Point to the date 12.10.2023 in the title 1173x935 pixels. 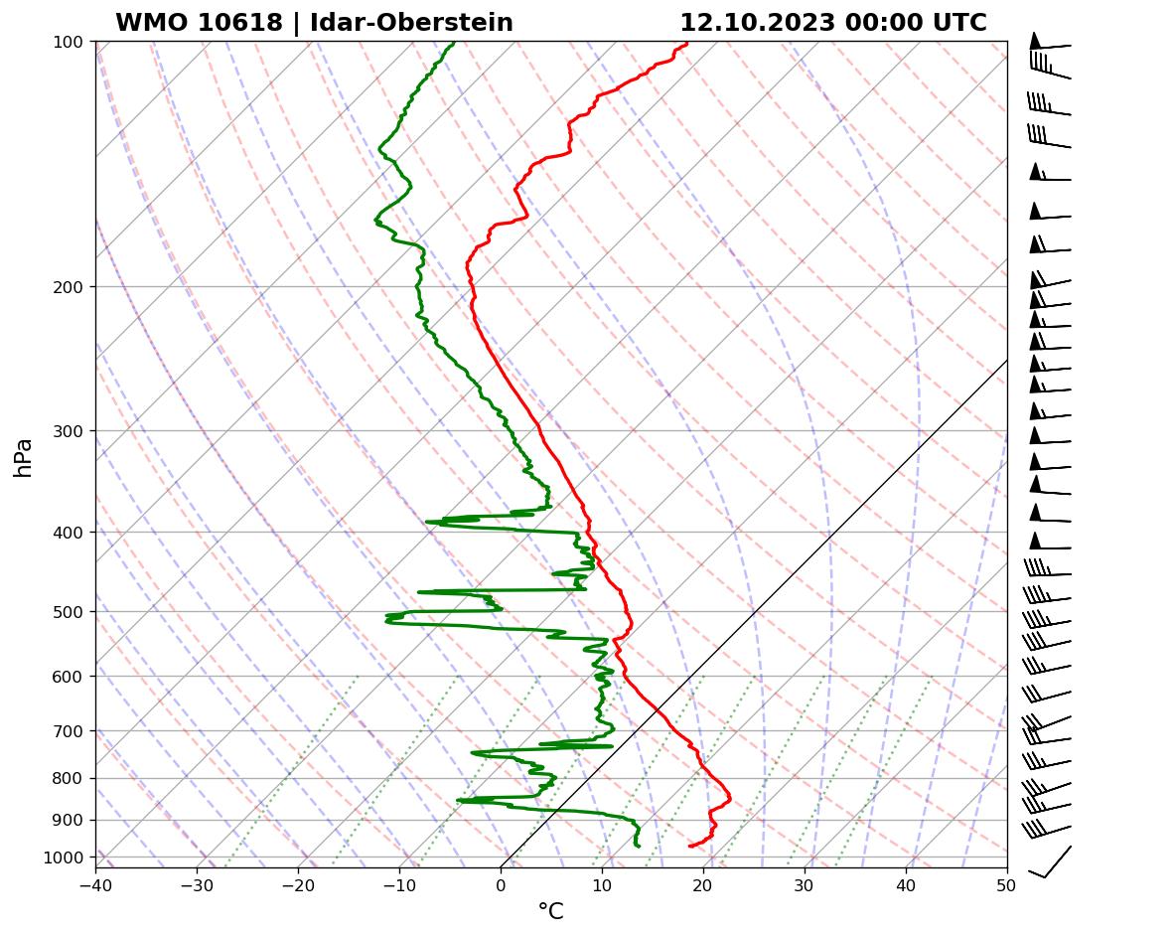tap(757, 23)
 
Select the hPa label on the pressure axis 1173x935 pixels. tap(23, 457)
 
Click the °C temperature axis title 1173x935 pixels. tap(550, 911)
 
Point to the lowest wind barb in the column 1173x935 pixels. tap(1050, 861)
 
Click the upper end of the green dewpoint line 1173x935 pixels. tap(454, 43)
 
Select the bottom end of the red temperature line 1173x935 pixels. tap(689, 846)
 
